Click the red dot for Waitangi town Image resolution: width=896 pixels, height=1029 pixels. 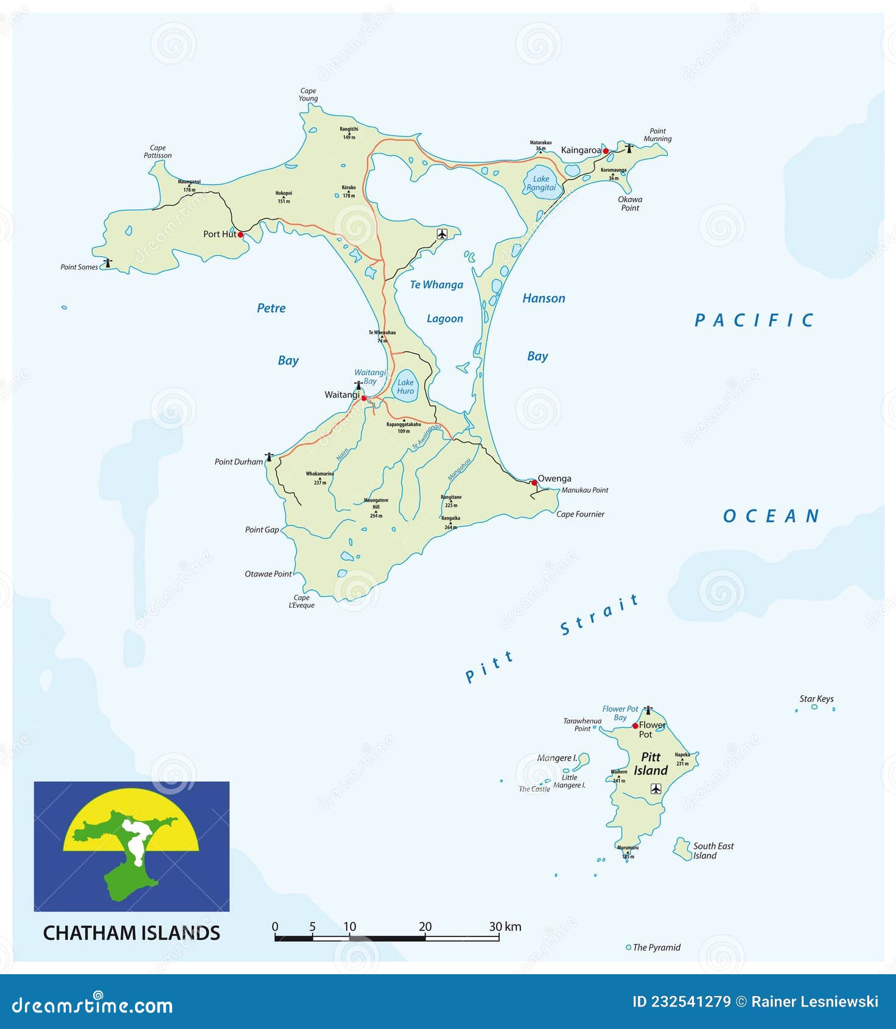click(364, 398)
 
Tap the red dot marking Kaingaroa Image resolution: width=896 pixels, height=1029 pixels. click(606, 151)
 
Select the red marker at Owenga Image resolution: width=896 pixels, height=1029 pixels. click(534, 483)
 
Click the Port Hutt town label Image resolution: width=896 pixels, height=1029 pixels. click(220, 234)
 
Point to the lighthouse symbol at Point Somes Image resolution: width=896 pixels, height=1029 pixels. click(108, 263)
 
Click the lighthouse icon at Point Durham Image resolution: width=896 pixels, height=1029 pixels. click(269, 456)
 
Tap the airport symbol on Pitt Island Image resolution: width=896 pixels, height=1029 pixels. click(656, 788)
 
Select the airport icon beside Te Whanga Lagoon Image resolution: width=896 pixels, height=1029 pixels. click(442, 234)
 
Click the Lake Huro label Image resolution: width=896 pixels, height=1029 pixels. click(405, 387)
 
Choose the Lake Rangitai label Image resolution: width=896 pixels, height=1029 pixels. click(541, 183)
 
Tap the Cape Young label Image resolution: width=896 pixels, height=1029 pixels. click(308, 95)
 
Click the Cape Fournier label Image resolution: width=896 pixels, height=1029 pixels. click(580, 514)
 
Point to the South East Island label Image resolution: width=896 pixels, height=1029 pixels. click(713, 851)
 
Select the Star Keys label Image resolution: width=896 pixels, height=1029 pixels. click(816, 699)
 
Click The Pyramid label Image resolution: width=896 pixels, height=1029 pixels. click(656, 947)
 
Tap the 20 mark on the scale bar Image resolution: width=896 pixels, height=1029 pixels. click(425, 927)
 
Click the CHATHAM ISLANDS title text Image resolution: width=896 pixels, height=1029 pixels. click(131, 933)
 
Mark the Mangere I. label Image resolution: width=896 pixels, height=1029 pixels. click(557, 758)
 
